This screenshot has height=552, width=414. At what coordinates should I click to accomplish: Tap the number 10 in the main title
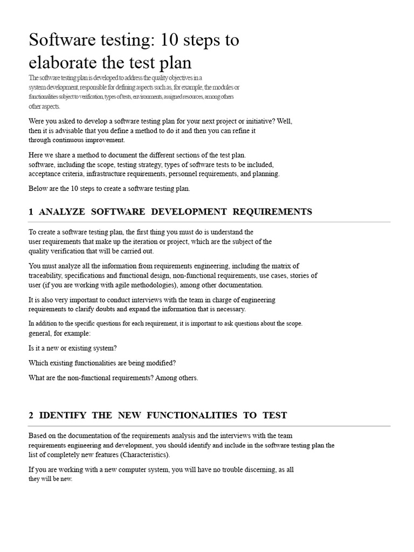point(165,40)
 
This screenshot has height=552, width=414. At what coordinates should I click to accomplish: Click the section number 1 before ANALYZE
point(31,212)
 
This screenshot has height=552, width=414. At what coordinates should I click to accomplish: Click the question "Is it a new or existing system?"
point(73,348)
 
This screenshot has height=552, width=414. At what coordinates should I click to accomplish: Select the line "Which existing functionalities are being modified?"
point(102,363)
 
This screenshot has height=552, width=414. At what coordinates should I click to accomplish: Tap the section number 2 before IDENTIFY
point(31,415)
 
